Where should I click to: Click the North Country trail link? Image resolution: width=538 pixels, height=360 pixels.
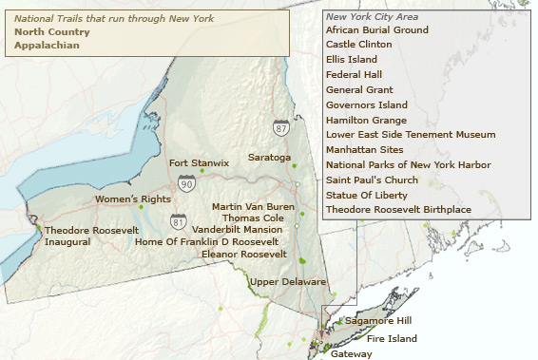pyautogui.click(x=52, y=31)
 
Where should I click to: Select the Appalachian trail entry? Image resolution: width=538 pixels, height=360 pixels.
pyautogui.click(x=46, y=45)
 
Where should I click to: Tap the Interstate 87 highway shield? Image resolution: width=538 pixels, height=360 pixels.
pyautogui.click(x=280, y=127)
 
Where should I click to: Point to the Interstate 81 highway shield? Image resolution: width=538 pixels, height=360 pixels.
pyautogui.click(x=179, y=221)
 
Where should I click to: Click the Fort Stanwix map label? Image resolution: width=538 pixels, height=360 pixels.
pyautogui.click(x=199, y=162)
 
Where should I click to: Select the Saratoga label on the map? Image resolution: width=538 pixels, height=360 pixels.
pyautogui.click(x=269, y=157)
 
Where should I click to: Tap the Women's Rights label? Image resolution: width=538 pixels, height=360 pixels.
pyautogui.click(x=132, y=199)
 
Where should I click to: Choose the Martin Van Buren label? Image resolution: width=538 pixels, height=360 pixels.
pyautogui.click(x=253, y=206)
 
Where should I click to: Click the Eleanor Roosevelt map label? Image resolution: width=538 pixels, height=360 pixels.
pyautogui.click(x=244, y=254)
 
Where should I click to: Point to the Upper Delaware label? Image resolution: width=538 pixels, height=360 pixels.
pyautogui.click(x=288, y=282)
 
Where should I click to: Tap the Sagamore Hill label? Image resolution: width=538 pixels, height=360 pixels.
pyautogui.click(x=378, y=321)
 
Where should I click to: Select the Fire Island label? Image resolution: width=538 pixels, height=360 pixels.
pyautogui.click(x=392, y=338)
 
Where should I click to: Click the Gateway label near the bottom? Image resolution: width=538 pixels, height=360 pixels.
pyautogui.click(x=352, y=353)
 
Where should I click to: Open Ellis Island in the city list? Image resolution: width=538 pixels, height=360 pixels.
pyautogui.click(x=351, y=59)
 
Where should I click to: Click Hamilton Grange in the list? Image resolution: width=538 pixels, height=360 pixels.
pyautogui.click(x=366, y=120)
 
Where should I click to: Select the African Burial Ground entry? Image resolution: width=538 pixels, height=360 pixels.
pyautogui.click(x=376, y=29)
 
